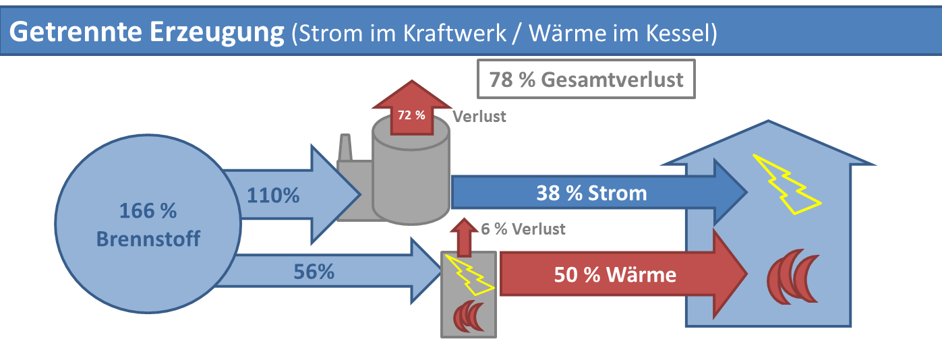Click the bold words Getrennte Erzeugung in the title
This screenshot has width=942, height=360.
(x=147, y=32)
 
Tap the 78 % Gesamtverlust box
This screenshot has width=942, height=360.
(x=586, y=80)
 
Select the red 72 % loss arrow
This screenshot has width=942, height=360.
(x=411, y=111)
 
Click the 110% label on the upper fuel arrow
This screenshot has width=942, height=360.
(x=272, y=196)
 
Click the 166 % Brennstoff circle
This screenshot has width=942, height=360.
(x=148, y=224)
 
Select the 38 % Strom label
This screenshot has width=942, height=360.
(x=591, y=193)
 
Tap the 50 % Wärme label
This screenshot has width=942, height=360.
(x=615, y=274)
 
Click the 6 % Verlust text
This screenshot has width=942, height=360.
(x=523, y=229)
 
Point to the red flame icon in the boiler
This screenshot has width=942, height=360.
(x=469, y=316)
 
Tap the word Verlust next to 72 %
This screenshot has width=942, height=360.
(x=479, y=116)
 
